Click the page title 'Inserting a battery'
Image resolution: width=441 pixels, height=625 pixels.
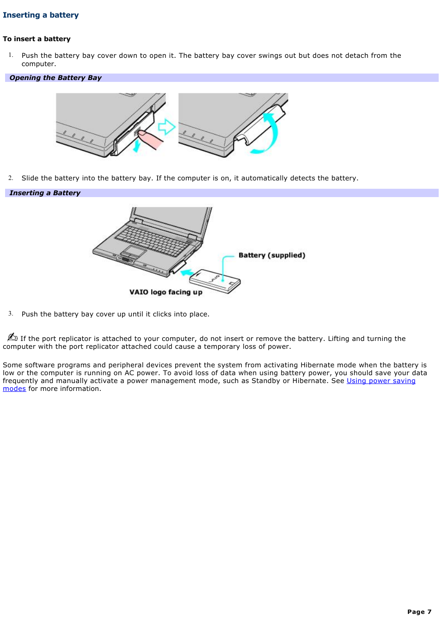[x=41, y=15]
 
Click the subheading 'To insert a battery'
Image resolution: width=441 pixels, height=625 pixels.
[x=37, y=39]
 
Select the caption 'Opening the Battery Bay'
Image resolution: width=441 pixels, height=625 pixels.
[x=55, y=78]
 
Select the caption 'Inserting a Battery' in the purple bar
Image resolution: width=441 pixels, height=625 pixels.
[x=45, y=193]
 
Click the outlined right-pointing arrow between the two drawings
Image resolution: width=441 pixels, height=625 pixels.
[x=166, y=127]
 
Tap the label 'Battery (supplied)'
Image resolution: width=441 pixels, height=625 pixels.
[x=272, y=255]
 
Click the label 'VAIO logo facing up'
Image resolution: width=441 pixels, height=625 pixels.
[x=165, y=292]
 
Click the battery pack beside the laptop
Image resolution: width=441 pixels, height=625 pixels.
[x=215, y=280]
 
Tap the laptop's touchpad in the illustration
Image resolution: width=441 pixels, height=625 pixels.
[x=134, y=251]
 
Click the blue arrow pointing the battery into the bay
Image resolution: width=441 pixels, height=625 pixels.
[x=187, y=272]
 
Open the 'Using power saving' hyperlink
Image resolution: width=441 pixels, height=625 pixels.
[x=381, y=381]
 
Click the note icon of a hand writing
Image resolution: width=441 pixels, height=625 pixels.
[x=12, y=337]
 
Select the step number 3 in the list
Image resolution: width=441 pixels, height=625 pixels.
[x=10, y=314]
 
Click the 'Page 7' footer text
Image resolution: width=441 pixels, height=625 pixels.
[x=419, y=612]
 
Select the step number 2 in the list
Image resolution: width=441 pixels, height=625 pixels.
[x=10, y=178]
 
